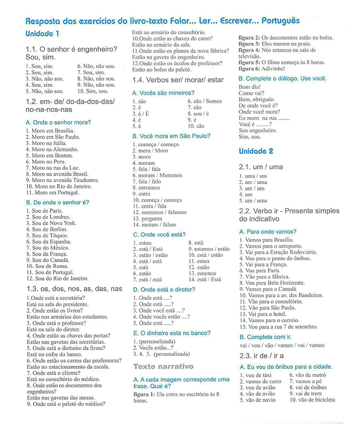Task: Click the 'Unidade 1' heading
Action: (x=42, y=34)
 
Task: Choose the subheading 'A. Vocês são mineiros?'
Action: (x=163, y=93)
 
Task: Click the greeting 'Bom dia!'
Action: (x=250, y=87)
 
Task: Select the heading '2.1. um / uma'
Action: (x=261, y=167)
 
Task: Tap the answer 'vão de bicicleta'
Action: (x=316, y=400)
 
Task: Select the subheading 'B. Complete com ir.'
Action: (x=265, y=337)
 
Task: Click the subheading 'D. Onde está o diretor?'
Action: (x=164, y=290)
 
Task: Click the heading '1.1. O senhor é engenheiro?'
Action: (x=72, y=49)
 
